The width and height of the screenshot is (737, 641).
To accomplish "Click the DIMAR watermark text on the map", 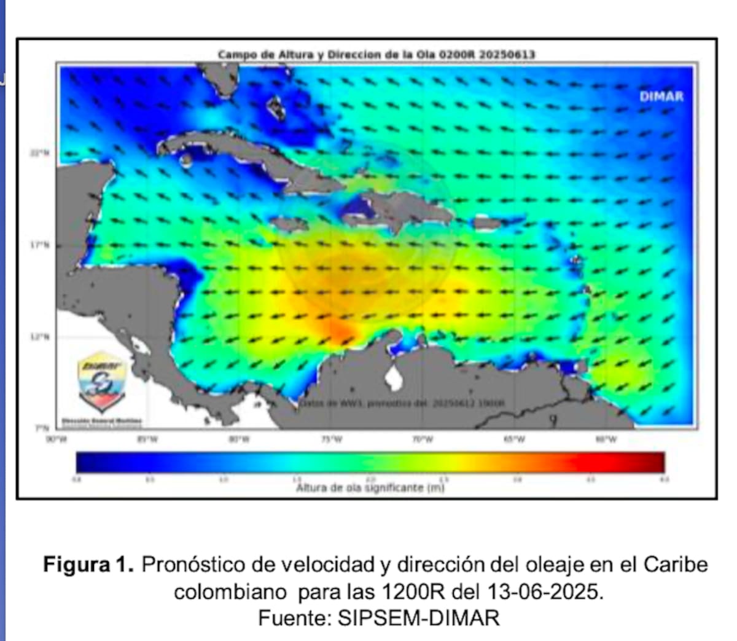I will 661,96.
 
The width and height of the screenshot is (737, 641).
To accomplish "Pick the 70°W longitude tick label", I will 423,439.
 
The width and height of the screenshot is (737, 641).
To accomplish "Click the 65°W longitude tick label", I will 514,439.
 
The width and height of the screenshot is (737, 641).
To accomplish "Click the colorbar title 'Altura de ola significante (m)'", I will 370,488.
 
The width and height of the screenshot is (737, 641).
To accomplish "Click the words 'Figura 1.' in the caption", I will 88,564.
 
